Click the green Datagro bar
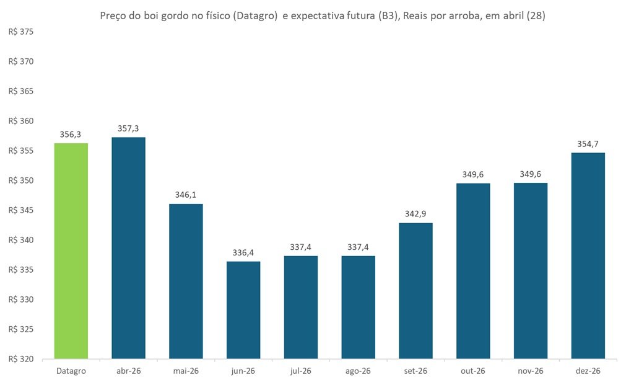[71, 250]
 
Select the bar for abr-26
[128, 247]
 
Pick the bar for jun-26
[243, 309]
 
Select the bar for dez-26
[588, 255]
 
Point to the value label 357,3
[128, 128]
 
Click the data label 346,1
[186, 195]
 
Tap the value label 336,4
[243, 252]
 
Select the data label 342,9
[415, 214]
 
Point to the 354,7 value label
[588, 144]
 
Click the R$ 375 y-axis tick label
[21, 32]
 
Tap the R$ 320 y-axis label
[21, 359]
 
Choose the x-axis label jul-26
[300, 371]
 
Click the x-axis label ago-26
[358, 371]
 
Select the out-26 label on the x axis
[473, 371]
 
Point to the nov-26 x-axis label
[530, 371]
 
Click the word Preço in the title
[114, 16]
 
